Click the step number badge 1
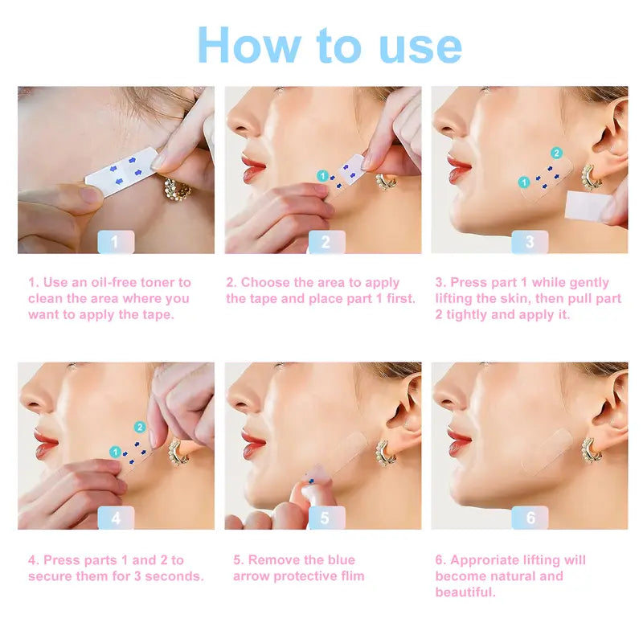click(x=116, y=241)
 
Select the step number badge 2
click(x=326, y=241)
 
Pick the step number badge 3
click(x=530, y=241)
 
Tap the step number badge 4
click(x=116, y=518)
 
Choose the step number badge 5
click(x=326, y=518)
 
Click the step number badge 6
click(x=530, y=518)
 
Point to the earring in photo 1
click(x=177, y=190)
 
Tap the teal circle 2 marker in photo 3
click(x=556, y=152)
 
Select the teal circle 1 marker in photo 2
click(x=322, y=175)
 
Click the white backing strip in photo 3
click(x=591, y=206)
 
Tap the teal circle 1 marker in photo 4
click(x=115, y=452)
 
